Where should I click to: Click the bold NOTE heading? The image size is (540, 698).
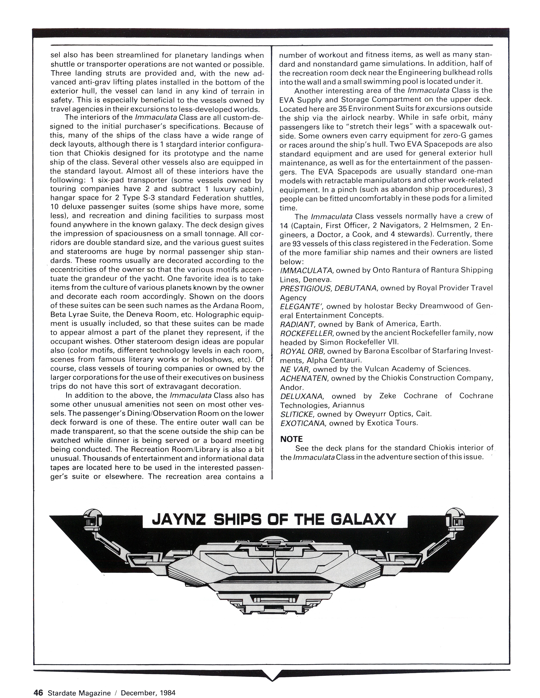291,439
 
